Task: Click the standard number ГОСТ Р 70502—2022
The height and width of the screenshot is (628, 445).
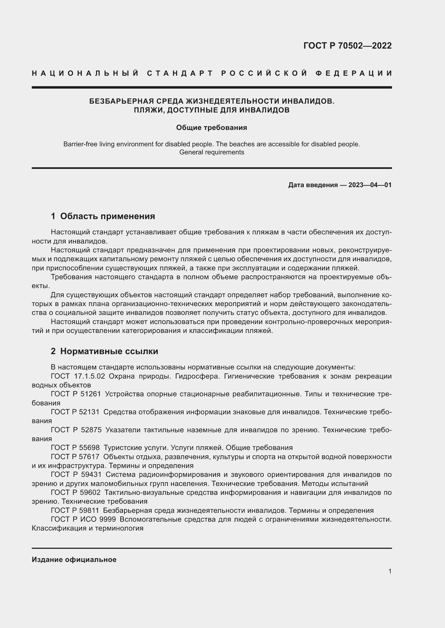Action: click(x=347, y=46)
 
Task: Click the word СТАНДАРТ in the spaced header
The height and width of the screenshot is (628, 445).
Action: click(x=180, y=73)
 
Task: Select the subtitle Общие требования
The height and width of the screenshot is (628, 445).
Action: click(x=211, y=128)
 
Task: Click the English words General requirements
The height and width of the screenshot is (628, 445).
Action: click(x=211, y=152)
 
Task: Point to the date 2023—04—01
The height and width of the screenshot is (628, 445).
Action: click(x=370, y=185)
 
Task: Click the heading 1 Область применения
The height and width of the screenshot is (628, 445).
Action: click(x=103, y=216)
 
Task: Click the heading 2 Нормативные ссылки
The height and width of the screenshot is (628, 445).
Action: click(x=104, y=351)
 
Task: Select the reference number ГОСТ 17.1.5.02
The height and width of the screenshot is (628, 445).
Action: click(x=78, y=376)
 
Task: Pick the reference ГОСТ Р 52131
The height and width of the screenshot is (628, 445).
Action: click(x=75, y=412)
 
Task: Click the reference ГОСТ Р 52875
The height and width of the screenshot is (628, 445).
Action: click(x=76, y=430)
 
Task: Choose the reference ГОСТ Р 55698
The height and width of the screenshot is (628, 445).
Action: click(x=75, y=448)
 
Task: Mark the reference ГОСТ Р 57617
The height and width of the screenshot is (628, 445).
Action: click(x=75, y=457)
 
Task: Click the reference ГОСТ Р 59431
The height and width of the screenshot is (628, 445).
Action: click(x=76, y=474)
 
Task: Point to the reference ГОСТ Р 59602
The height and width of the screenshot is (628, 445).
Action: click(x=75, y=493)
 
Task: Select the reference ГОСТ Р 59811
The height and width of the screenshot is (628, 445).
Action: click(x=75, y=510)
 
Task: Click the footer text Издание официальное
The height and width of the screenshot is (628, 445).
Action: click(x=74, y=560)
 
